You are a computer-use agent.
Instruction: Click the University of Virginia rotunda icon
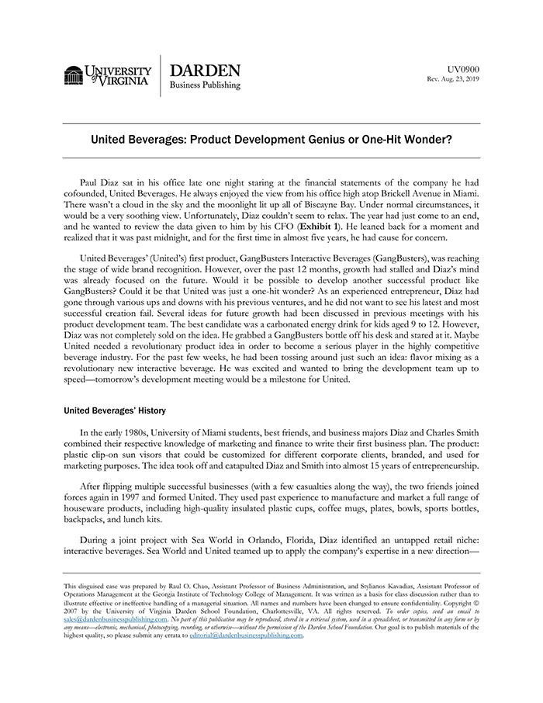(74, 75)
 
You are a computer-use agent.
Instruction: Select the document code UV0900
(464, 68)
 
